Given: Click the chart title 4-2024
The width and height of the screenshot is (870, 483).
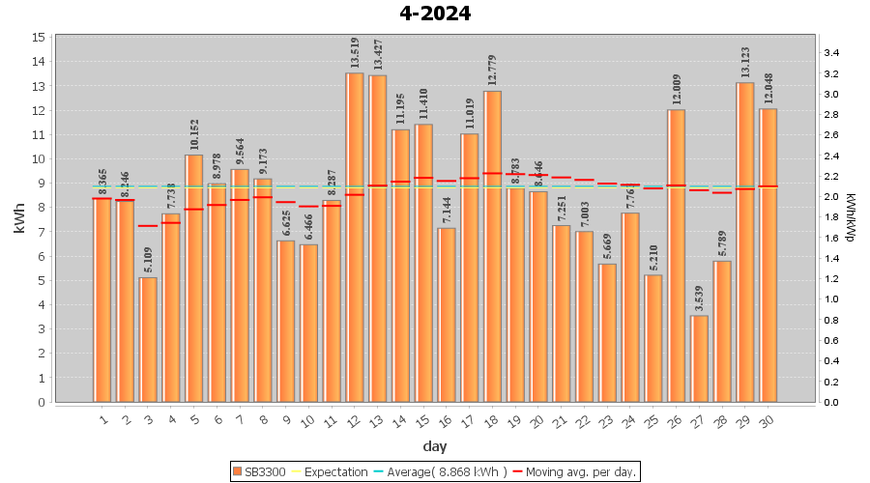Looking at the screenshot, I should [435, 14].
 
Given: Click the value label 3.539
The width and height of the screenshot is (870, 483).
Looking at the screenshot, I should [700, 297].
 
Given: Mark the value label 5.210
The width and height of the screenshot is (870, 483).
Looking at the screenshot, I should [653, 256].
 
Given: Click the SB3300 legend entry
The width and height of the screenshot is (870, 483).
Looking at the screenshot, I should [258, 472].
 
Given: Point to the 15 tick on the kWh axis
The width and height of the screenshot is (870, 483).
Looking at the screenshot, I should [40, 37].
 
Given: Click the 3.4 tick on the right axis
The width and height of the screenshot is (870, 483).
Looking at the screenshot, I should [830, 53].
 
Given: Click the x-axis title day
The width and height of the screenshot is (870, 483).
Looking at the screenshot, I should [435, 446].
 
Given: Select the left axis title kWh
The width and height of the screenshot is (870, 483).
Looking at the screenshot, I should [20, 219].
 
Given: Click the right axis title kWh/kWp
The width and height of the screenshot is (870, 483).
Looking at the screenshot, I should [851, 219].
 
